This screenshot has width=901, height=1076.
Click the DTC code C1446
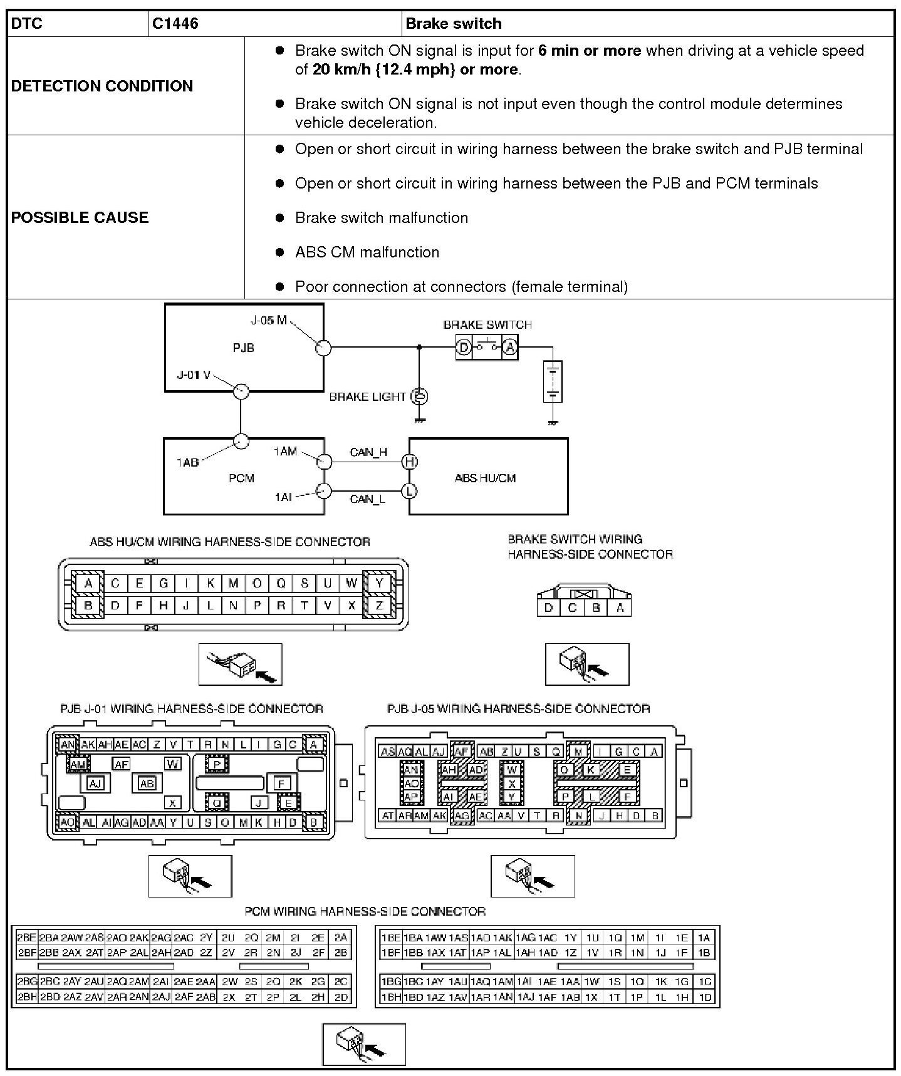pos(175,24)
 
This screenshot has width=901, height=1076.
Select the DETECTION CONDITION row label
pos(102,86)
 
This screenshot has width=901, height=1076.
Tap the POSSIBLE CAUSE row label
pos(80,217)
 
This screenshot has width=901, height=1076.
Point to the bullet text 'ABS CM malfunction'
pos(367,252)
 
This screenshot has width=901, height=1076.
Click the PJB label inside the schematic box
pos(243,348)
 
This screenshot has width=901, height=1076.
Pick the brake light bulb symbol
pos(419,396)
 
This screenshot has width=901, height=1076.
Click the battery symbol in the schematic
pos(553,382)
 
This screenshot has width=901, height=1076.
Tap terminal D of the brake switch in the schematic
pos(464,347)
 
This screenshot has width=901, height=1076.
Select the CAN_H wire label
pos(368,452)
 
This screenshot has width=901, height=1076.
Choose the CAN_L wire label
pos(368,499)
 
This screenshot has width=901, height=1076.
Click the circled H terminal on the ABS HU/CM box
pos(410,462)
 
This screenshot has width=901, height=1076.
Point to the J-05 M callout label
pos(268,321)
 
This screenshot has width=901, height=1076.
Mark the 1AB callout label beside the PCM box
pos(187,462)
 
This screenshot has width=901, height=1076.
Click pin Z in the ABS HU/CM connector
pos(379,606)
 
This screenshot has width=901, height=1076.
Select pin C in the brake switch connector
pos(572,608)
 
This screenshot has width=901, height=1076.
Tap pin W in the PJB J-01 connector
pos(173,763)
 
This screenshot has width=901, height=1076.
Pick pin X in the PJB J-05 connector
pos(512,784)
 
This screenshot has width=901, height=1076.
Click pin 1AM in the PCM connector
pos(503,981)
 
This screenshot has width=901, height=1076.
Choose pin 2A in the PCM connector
pos(340,938)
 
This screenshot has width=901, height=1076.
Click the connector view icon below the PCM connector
pos(364,1044)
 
